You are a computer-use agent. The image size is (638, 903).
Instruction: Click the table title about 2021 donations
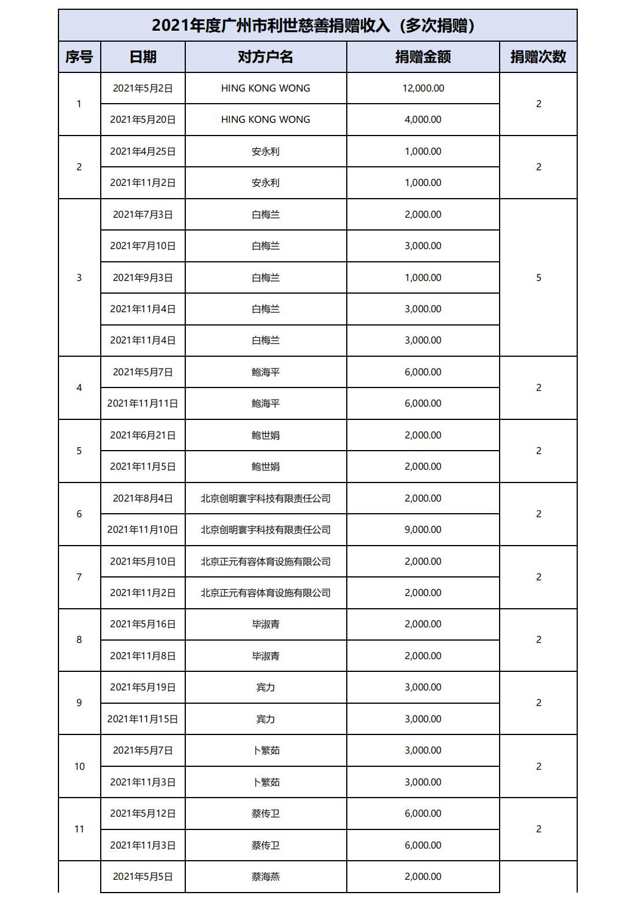pos(317,25)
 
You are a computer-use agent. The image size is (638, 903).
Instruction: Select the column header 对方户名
pos(266,57)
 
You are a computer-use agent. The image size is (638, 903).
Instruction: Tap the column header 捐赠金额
pos(423,57)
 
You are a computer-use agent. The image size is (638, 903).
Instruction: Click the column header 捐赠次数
pos(538,57)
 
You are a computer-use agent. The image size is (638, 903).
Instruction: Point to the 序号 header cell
pos(79,57)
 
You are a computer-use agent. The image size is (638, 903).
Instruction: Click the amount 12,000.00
pos(423,88)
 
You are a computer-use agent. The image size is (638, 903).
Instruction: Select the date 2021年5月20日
pos(143,119)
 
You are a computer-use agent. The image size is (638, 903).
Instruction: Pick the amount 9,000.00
pos(423,529)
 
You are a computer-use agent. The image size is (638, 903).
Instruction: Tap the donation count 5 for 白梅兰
pos(538,277)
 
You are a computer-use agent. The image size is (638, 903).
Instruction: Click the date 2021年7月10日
pos(143,246)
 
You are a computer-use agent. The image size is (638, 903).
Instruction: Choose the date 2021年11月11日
pos(143,403)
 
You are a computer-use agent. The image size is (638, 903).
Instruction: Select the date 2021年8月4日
pos(143,498)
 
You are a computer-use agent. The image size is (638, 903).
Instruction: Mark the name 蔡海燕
pos(266,876)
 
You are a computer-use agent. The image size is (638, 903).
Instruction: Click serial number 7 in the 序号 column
pos(79,577)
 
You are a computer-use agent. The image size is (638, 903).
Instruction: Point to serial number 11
pos(79,829)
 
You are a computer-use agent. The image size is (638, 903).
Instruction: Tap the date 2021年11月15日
pos(143,719)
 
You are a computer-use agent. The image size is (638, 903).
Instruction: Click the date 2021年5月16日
pos(143,624)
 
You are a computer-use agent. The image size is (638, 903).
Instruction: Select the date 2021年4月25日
pos(143,151)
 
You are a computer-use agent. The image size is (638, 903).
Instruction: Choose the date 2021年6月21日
pos(143,435)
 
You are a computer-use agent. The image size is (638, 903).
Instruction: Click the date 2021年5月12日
pos(143,813)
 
